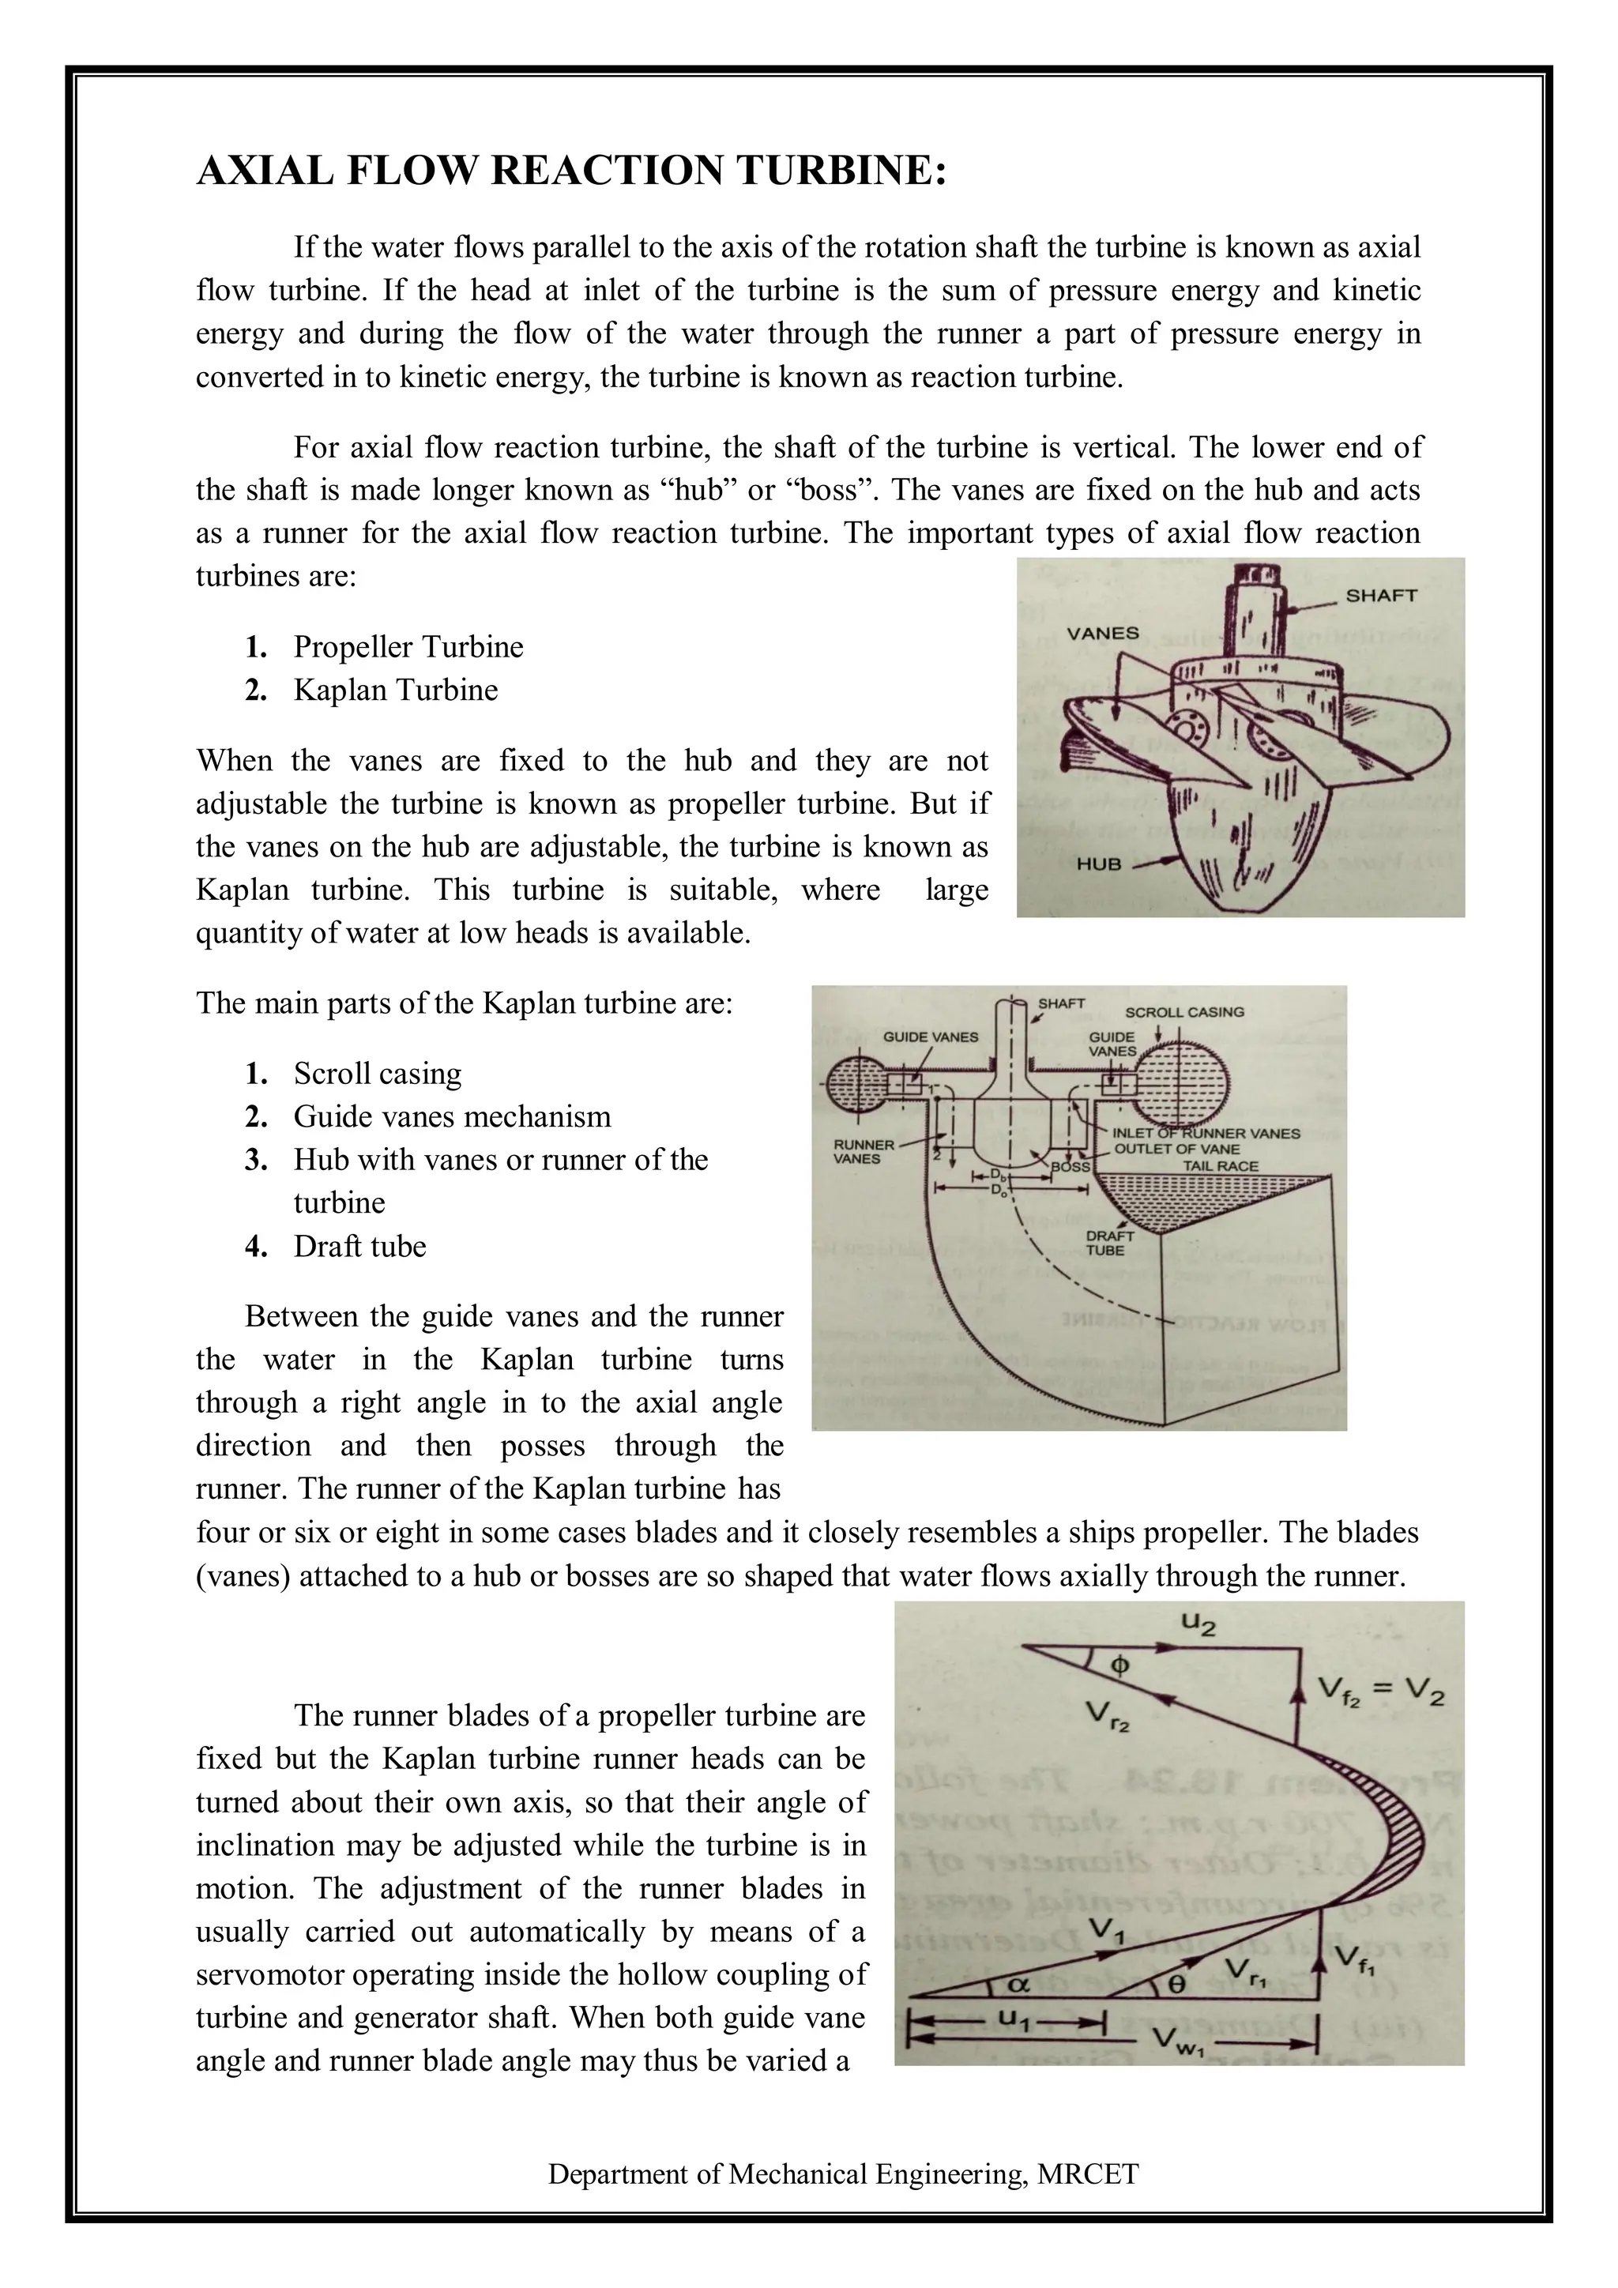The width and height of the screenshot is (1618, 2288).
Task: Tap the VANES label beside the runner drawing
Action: tap(1102, 633)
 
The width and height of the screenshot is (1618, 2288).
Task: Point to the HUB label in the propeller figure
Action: tap(1098, 864)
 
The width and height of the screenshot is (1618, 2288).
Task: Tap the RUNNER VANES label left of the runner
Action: tap(863, 1151)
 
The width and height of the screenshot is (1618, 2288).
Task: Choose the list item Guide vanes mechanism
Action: tap(451, 1116)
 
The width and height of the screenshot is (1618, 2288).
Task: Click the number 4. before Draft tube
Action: tap(256, 1246)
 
